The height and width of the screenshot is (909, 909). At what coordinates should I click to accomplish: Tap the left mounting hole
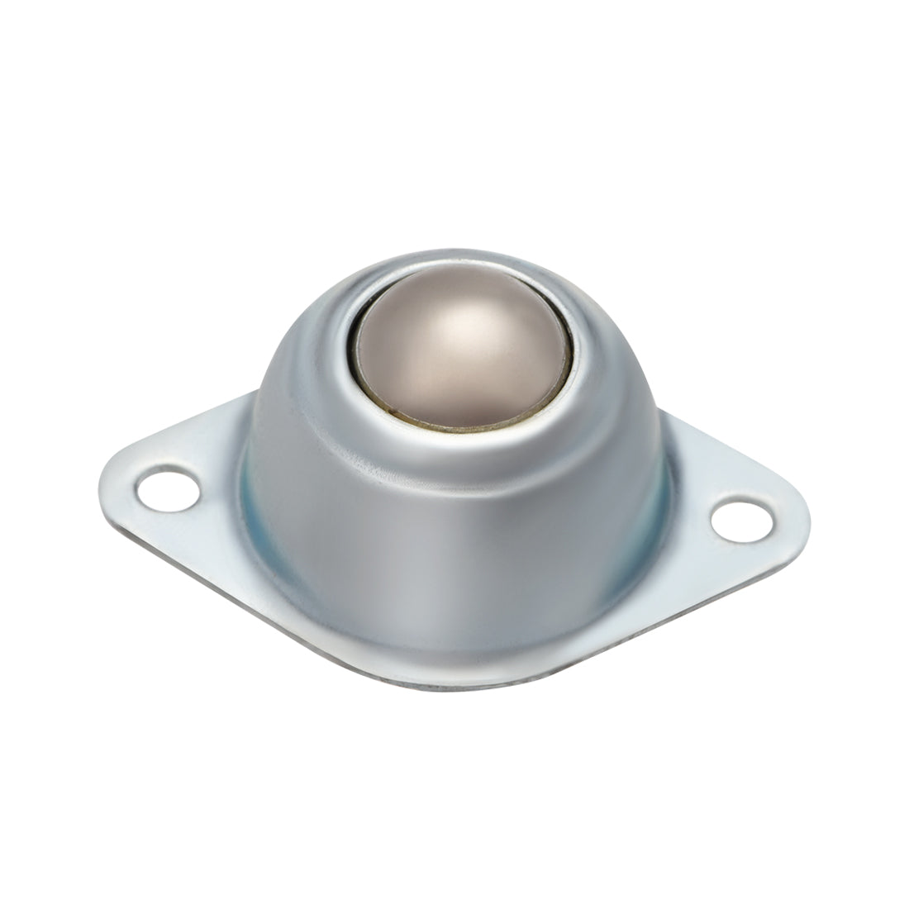pyautogui.click(x=168, y=488)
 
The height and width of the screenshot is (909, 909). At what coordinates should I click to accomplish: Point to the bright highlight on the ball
pyautogui.click(x=463, y=318)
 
